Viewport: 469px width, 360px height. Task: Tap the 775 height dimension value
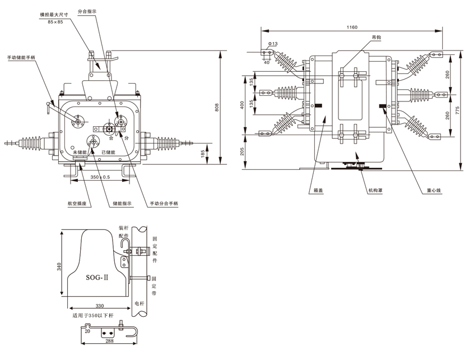(458, 112)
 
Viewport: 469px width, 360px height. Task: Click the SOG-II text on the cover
(97, 278)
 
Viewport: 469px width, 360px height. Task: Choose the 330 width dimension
(99, 306)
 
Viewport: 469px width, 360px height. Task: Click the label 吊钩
(375, 37)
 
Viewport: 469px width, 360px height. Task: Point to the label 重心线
(434, 191)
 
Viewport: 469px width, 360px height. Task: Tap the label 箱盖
(318, 191)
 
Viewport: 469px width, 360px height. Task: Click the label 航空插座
(77, 204)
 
